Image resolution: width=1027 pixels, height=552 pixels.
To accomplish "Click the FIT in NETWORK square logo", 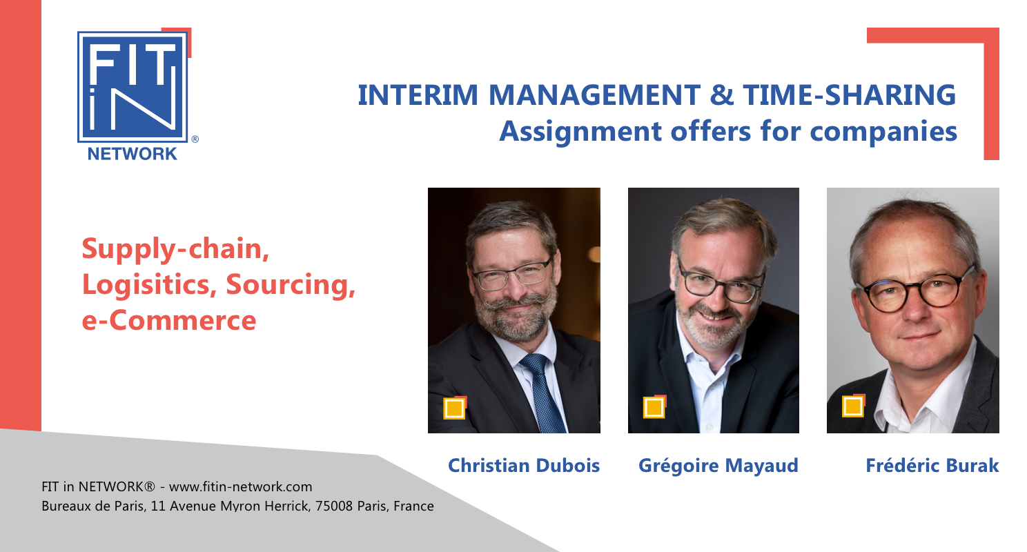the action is [133, 87].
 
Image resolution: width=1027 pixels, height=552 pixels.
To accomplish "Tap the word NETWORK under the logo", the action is [132, 154].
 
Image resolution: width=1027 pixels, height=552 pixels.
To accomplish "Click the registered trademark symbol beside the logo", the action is [195, 139].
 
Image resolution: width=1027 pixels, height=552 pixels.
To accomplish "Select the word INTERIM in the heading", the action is [418, 95].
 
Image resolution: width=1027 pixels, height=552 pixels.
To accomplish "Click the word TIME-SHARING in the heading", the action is [850, 95].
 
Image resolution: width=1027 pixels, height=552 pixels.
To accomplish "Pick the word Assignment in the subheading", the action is [580, 132].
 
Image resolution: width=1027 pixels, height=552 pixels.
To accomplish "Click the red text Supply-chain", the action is [175, 249].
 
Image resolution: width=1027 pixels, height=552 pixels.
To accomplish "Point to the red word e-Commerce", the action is [168, 320].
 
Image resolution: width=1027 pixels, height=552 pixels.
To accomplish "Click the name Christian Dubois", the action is [524, 465].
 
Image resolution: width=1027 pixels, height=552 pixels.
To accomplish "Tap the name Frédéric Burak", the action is [932, 465].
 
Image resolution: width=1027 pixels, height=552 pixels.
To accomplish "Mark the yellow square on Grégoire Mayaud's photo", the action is [654, 407].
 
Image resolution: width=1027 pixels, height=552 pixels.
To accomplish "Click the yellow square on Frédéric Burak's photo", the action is [853, 406].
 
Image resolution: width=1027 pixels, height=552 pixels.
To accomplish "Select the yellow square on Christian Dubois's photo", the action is [454, 408].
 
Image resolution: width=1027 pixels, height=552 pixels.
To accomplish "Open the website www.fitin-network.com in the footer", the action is [241, 486].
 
